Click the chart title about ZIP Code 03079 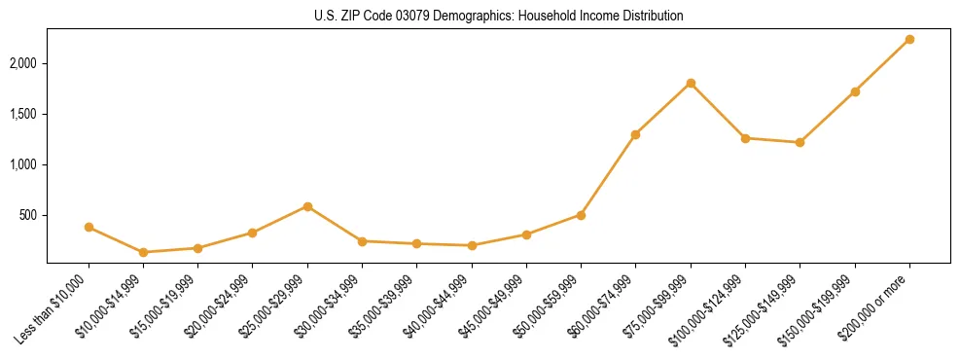(499, 17)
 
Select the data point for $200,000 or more (909, 39)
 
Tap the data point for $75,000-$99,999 (691, 83)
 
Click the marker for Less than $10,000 (89, 227)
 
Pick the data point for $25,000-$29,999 (307, 206)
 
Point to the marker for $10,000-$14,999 (143, 252)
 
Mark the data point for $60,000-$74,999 (635, 134)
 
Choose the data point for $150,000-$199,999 (855, 91)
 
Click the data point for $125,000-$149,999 (800, 142)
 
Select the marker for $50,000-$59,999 (581, 215)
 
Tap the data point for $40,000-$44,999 (472, 245)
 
